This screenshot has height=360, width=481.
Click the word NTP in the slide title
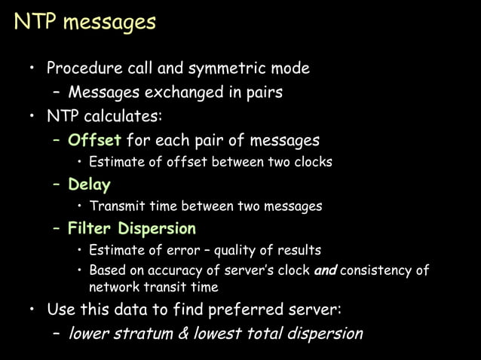coord(35,22)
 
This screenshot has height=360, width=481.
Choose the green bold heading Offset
coord(94,140)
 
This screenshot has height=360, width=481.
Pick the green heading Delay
coord(89,185)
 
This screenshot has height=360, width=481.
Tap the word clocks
coord(311,162)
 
